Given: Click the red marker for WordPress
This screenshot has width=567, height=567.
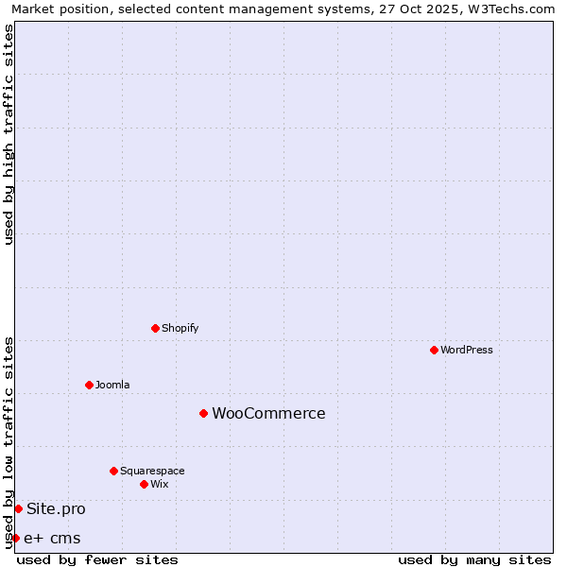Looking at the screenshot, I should (434, 350).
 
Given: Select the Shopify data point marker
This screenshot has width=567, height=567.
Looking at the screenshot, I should (155, 328).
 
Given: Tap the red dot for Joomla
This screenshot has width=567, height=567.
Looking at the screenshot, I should (89, 385).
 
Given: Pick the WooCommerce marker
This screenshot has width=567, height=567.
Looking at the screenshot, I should (203, 413).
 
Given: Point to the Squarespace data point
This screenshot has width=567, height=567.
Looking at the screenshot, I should (113, 471).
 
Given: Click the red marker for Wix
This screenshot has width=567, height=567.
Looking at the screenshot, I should (144, 484).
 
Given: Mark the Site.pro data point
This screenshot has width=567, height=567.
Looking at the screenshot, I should (18, 508).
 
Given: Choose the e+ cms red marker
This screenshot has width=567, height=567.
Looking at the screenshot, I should (15, 538).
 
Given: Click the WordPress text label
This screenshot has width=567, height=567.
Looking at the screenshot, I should (467, 350).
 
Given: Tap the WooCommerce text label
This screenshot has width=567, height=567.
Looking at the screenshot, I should (268, 413).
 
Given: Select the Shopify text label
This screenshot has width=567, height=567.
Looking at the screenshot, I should (180, 328).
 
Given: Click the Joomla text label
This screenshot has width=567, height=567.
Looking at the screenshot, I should (112, 385).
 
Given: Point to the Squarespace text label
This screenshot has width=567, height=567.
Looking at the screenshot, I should (152, 471).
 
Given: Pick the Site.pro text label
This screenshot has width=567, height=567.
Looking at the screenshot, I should (56, 508).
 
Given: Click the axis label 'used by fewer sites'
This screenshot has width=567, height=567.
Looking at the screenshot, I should (97, 560).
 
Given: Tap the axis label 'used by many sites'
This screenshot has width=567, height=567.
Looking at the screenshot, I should (474, 560).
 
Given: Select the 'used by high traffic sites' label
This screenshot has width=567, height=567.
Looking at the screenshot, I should (9, 134).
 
